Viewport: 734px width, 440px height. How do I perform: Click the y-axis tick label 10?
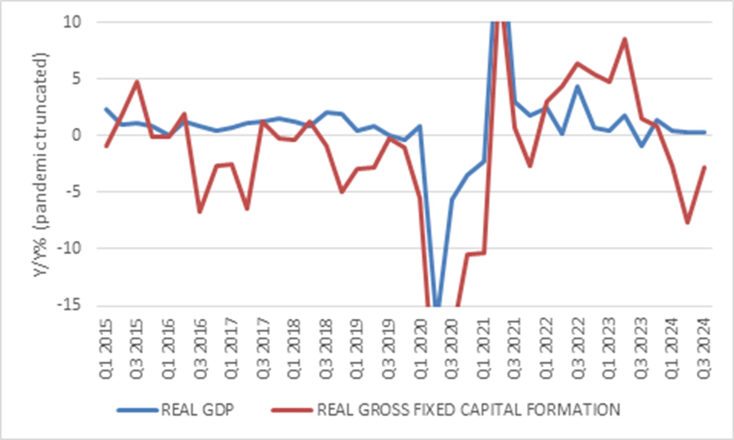(x=72, y=22)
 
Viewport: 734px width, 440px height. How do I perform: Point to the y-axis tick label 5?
(x=76, y=79)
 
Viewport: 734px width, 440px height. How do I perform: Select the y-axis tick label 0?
(x=76, y=135)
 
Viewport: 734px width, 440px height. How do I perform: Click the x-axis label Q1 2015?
(x=106, y=348)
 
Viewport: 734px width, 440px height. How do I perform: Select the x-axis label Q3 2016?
(x=200, y=348)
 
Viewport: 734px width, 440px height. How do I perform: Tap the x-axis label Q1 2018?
(x=295, y=348)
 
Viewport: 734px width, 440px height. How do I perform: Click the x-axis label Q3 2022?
(x=578, y=348)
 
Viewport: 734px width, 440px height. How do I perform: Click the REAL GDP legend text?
(x=197, y=410)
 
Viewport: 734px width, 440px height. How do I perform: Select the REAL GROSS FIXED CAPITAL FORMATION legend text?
(x=468, y=410)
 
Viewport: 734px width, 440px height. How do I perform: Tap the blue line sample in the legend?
(x=137, y=410)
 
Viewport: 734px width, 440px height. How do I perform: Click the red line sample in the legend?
(x=292, y=410)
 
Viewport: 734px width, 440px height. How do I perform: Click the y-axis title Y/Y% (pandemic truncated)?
(x=41, y=164)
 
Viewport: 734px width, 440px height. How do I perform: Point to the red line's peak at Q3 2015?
(x=137, y=82)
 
